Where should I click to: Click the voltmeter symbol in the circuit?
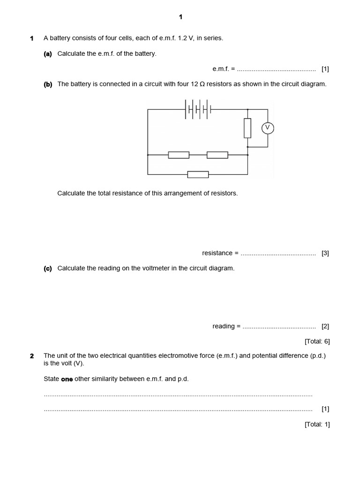pos(267,128)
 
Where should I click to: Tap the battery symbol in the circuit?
pos(198,109)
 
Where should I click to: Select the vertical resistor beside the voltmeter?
pos(247,128)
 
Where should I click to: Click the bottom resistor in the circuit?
pos(198,174)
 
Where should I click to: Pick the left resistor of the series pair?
pos(179,155)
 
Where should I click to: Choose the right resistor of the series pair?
pos(217,155)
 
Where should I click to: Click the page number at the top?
pos(180,17)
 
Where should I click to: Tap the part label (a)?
pos(47,54)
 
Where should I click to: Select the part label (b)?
pos(47,84)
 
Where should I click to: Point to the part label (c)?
pos(47,269)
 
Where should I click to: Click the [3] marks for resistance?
pos(325,253)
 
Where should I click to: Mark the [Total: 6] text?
pos(317,341)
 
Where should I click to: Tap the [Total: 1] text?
pos(317,424)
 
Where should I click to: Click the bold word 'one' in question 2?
pos(67,379)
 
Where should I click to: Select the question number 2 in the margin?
pos(32,356)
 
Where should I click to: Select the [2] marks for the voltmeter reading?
pos(325,326)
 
